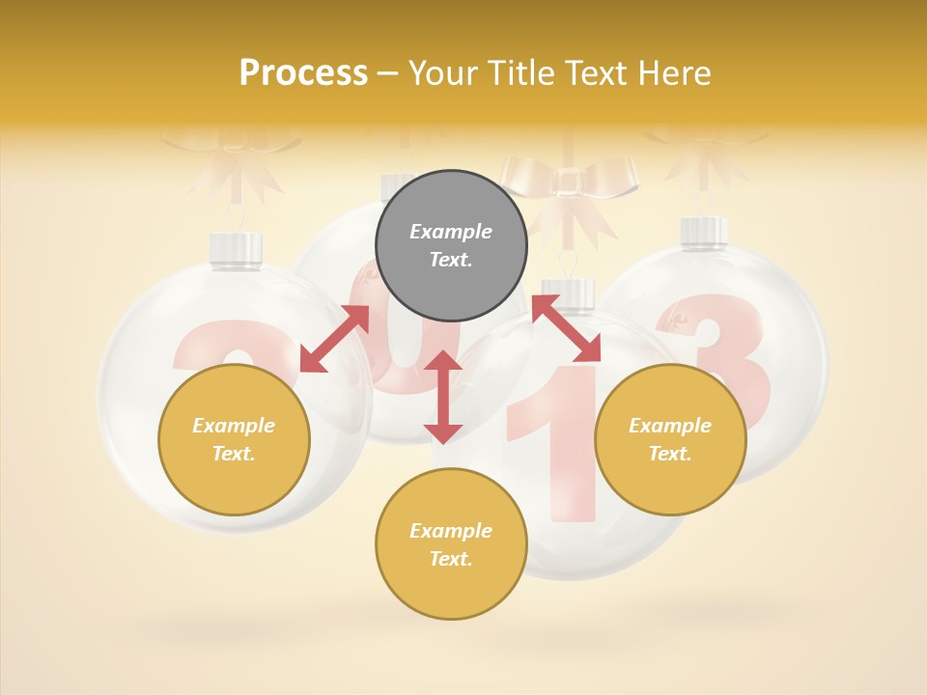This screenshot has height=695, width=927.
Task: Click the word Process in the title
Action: pos(303,73)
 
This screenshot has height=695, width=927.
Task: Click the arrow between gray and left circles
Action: pos(334,338)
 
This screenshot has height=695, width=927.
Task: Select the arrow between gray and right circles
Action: pos(566,328)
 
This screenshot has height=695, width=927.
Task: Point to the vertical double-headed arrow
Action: pos(443,397)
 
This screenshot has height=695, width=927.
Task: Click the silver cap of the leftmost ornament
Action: pos(237,250)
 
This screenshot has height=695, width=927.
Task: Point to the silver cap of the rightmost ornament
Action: pos(704,232)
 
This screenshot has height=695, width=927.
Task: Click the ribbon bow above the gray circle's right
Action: pos(570,183)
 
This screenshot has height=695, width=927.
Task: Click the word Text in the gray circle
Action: pos(450,260)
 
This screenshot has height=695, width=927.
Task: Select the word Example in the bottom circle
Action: pos(451,531)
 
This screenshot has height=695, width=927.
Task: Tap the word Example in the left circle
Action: pos(234,426)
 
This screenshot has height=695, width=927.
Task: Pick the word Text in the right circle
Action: pos(670,454)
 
